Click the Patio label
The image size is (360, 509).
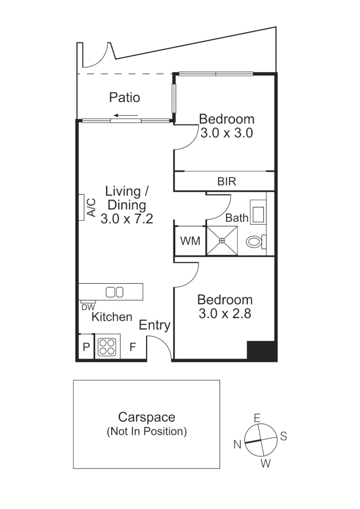coord(124,98)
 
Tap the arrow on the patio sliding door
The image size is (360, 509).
coord(125,115)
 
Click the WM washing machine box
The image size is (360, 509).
coord(190,241)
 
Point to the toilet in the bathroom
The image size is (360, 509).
coord(255,242)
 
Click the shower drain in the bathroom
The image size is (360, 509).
coord(222,240)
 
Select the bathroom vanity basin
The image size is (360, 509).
coord(258,212)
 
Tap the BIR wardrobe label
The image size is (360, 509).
coord(227,181)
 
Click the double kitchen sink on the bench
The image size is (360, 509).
coord(115,292)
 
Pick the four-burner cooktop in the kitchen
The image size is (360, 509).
coord(107,347)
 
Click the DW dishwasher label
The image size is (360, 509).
coord(88,307)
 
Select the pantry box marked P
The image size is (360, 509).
coord(86,348)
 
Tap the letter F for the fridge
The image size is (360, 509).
coord(133,348)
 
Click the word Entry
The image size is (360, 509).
coord(154,325)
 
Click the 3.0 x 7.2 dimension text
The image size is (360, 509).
coord(126,219)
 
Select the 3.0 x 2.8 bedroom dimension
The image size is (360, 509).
coord(225,313)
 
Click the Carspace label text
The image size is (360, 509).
coord(147,417)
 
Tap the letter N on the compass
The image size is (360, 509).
coord(237,444)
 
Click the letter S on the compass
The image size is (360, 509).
coord(283,436)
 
